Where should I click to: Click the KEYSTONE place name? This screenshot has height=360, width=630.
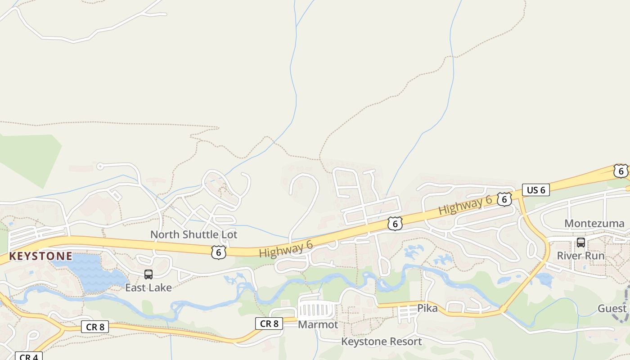click(x=40, y=256)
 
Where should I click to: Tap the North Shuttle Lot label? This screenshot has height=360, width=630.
click(x=193, y=234)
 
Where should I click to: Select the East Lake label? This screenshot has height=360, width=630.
click(x=148, y=288)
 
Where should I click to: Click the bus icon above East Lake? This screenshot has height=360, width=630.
click(x=148, y=274)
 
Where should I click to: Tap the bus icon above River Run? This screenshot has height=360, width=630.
click(x=581, y=243)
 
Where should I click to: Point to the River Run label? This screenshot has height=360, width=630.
click(x=580, y=256)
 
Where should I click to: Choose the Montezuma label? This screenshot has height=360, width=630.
click(x=594, y=223)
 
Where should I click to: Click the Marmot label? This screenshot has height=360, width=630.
click(x=318, y=324)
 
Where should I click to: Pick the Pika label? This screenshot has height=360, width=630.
click(x=427, y=308)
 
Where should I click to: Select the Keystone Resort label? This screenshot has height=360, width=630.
click(x=382, y=342)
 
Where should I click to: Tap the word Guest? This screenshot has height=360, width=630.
click(x=612, y=308)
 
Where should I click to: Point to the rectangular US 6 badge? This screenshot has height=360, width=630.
click(x=535, y=190)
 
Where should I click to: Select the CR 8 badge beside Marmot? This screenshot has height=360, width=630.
click(x=269, y=324)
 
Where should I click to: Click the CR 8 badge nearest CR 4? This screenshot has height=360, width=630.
click(x=95, y=327)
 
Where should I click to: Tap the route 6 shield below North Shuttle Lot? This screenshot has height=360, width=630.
click(x=218, y=252)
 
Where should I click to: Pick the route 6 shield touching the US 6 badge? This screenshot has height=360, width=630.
click(x=504, y=199)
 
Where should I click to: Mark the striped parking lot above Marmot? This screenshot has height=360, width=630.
click(x=316, y=310)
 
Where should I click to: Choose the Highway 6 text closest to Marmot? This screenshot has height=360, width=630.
click(x=286, y=249)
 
